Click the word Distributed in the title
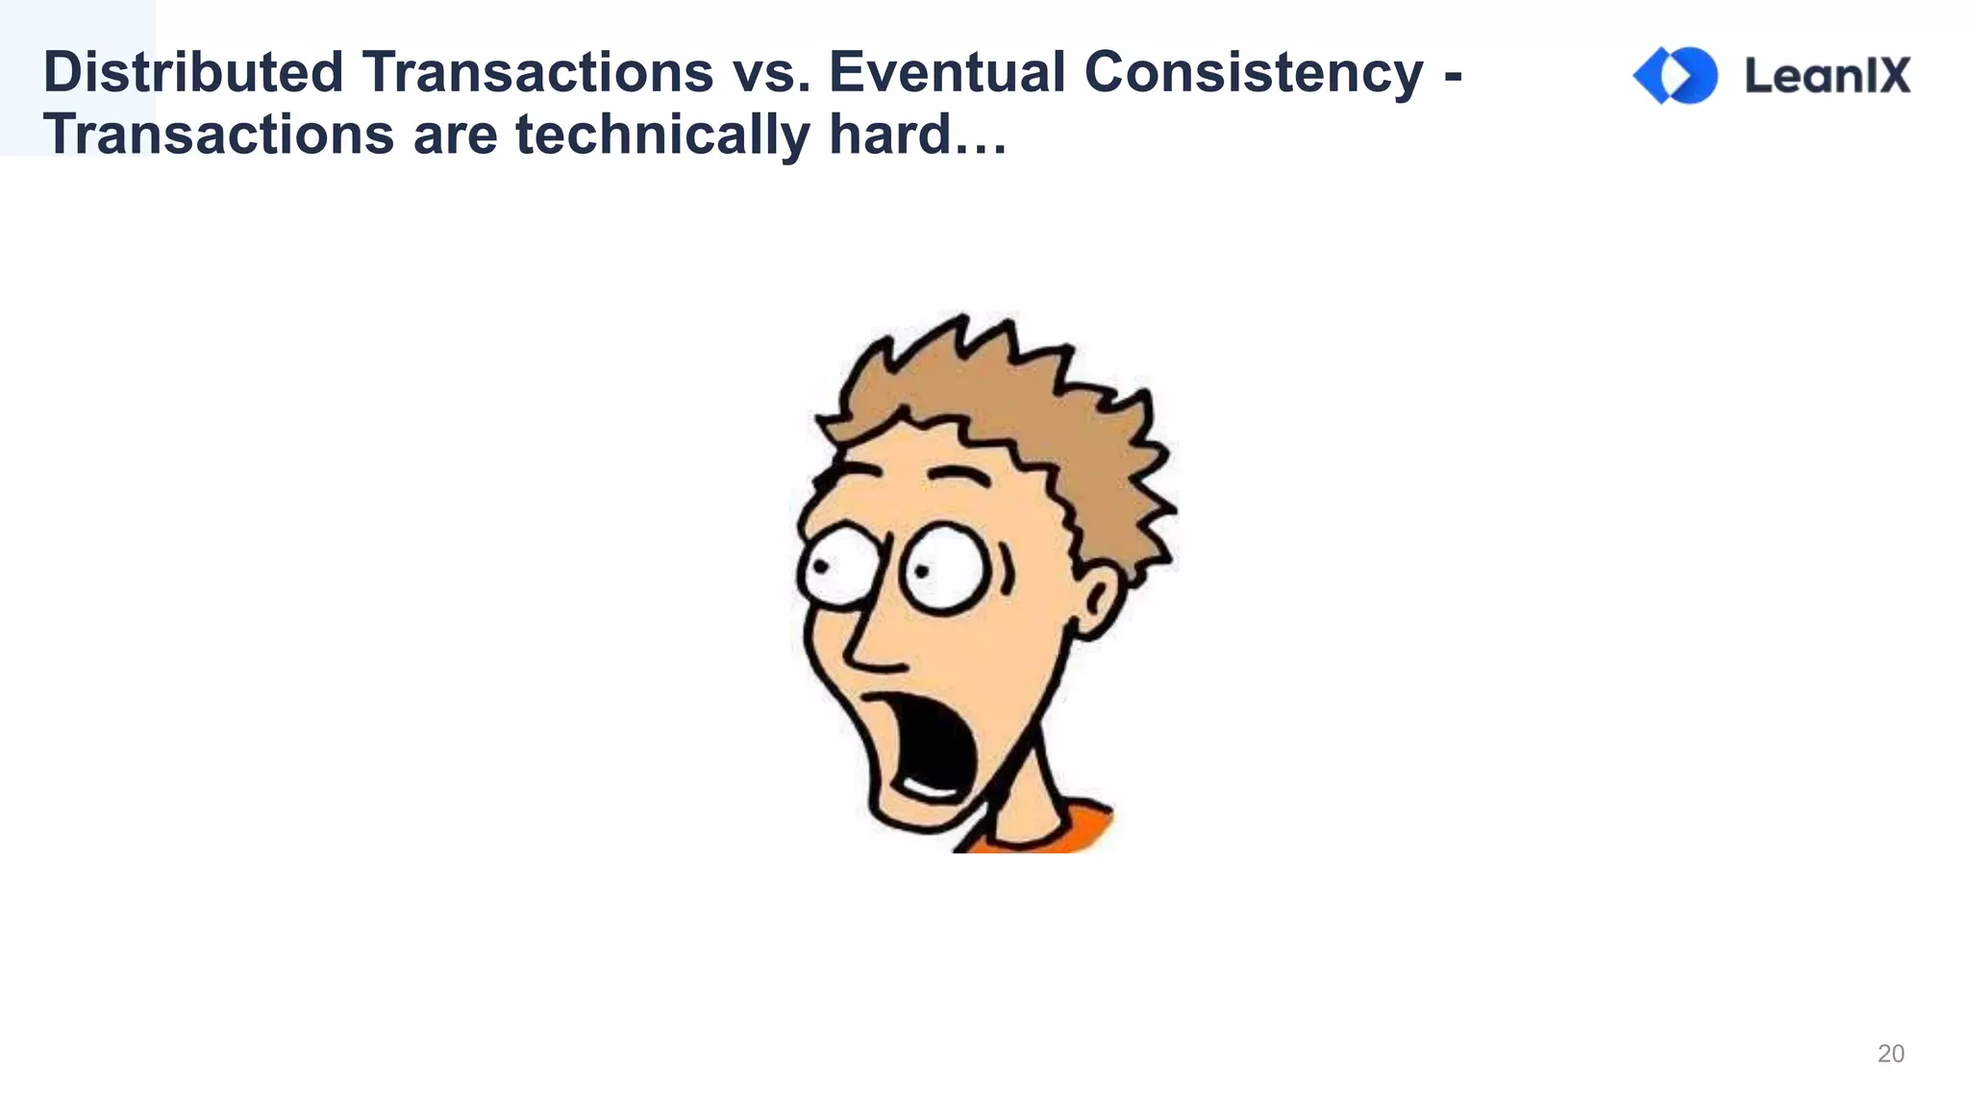pos(193,72)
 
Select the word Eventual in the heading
pos(946,72)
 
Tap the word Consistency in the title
pos(1254,74)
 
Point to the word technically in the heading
pos(662,135)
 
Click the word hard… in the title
pos(917,134)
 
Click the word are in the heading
pos(455,135)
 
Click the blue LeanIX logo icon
pos(1676,75)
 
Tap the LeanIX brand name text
pos(1828,76)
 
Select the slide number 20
pos(1890,1054)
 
